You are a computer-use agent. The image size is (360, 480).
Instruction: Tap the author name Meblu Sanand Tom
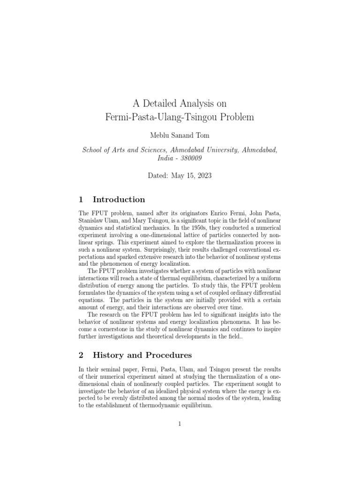coord(180,136)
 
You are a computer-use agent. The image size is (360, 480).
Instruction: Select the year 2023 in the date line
coord(203,176)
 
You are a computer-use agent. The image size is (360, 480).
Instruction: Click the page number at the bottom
coord(180,424)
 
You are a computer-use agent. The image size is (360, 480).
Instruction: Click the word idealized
coord(165,384)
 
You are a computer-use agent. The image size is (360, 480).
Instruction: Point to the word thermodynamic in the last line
coord(163,406)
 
